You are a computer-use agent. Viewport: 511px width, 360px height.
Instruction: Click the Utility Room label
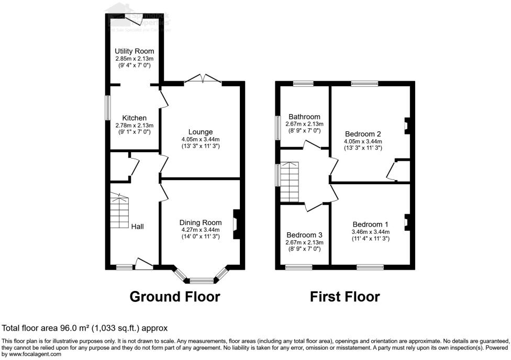(x=135, y=51)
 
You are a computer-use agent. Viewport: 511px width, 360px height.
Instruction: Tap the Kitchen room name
(x=135, y=118)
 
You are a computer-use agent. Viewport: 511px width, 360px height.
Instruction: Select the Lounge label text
(x=201, y=132)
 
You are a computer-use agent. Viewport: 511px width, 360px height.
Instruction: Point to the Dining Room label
(x=201, y=222)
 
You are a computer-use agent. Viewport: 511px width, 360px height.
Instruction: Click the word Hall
(x=138, y=227)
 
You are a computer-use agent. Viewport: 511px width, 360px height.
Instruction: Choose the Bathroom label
(x=304, y=117)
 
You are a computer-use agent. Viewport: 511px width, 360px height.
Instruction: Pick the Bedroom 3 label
(x=304, y=235)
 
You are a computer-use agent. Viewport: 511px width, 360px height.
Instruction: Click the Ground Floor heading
(x=175, y=297)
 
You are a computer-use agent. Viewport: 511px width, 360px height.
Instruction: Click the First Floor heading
(x=345, y=297)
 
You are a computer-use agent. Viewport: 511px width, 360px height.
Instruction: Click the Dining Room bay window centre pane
(x=201, y=280)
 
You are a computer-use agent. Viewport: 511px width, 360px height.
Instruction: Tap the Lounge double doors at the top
(x=203, y=79)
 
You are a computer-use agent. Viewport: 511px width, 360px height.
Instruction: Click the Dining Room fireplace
(x=236, y=224)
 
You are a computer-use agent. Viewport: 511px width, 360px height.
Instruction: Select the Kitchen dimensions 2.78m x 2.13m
(x=135, y=125)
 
